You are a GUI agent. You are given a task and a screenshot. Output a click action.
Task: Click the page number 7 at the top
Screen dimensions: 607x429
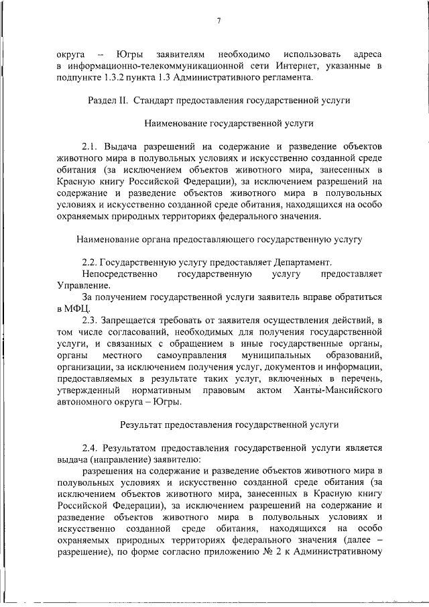click(x=219, y=21)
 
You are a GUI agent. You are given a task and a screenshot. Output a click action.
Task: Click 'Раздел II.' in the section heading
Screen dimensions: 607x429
click(x=109, y=100)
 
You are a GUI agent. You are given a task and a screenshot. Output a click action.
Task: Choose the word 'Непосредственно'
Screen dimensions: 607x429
click(x=119, y=274)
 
